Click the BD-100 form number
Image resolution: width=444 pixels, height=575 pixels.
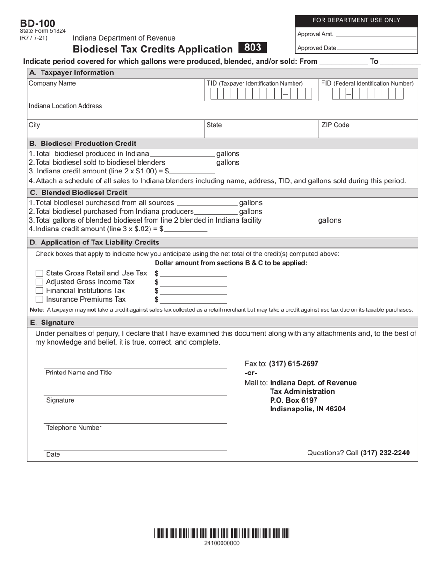point(37,23)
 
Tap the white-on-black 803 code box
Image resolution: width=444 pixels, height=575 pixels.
point(252,48)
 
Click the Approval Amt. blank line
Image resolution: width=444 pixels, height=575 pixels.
point(376,35)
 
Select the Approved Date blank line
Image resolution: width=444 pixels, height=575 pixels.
point(377,48)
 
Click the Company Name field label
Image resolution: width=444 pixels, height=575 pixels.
point(52,83)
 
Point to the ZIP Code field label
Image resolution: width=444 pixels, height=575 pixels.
point(335,125)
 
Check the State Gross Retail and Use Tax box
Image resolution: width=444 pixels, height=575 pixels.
point(40,273)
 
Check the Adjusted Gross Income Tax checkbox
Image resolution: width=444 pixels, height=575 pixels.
point(40,282)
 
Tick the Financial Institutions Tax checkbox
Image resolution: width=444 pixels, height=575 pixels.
point(40,291)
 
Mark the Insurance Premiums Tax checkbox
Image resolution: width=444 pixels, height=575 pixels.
point(40,300)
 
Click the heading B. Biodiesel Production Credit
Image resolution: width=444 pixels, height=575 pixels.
point(83,144)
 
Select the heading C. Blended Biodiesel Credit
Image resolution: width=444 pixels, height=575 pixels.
point(78,193)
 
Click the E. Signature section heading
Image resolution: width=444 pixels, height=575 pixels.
point(52,323)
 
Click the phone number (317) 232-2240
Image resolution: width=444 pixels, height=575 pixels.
point(385,453)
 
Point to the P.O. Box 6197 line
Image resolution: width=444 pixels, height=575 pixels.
point(294,400)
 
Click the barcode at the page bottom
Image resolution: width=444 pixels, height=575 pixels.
point(222,533)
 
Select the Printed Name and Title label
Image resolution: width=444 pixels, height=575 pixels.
point(79,373)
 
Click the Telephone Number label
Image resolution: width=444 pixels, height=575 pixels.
point(73,428)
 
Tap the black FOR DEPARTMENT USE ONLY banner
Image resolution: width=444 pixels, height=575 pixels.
point(356,20)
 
